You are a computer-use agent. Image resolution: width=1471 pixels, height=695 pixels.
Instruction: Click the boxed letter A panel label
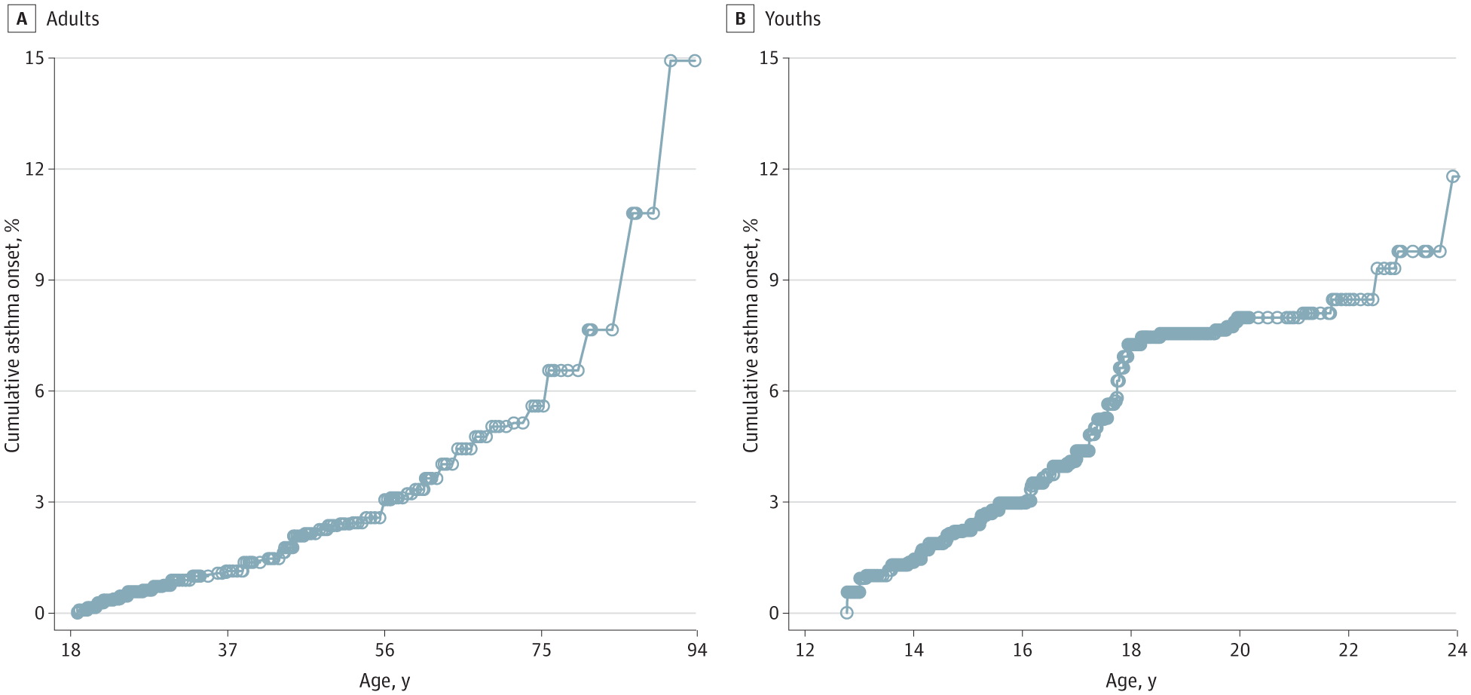tap(22, 19)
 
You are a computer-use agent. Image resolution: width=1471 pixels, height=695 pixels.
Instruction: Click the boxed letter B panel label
tap(740, 19)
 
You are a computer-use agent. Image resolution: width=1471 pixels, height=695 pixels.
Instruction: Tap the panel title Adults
tap(72, 19)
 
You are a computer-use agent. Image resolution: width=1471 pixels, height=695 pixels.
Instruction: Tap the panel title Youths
tap(793, 19)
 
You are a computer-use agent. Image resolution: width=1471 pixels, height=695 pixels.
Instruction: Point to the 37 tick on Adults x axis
tap(228, 650)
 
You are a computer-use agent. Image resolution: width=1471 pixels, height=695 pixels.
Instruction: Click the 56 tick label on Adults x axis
tap(384, 650)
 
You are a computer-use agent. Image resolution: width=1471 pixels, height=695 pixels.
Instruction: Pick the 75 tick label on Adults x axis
tap(541, 650)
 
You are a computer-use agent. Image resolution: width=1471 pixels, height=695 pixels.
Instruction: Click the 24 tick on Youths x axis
tap(1457, 650)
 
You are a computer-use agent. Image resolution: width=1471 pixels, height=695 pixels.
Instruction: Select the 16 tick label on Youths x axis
tap(1022, 650)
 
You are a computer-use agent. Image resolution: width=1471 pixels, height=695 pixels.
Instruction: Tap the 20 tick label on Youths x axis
tap(1240, 650)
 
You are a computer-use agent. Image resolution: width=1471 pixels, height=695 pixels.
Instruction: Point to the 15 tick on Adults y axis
tap(35, 58)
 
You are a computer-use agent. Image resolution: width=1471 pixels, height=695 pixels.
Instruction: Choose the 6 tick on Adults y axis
tap(40, 390)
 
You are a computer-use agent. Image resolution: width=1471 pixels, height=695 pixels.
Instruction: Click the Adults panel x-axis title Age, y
tap(384, 681)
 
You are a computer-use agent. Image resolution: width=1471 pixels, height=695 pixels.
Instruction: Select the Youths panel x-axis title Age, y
tap(1130, 681)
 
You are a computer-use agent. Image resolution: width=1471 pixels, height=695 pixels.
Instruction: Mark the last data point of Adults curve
tap(695, 60)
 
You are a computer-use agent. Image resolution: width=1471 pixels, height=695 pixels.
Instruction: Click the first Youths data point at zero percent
tap(847, 613)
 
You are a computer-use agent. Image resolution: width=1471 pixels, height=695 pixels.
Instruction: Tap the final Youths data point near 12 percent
tap(1453, 176)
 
